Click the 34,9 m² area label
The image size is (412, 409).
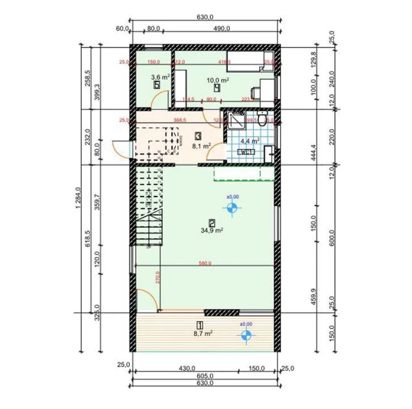212,230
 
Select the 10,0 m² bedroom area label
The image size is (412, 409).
217,80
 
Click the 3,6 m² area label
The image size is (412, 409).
160,77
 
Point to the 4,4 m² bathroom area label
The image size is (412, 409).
250,140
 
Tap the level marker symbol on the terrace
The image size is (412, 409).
246,335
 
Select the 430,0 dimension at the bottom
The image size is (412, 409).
188,368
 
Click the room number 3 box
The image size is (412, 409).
198,135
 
